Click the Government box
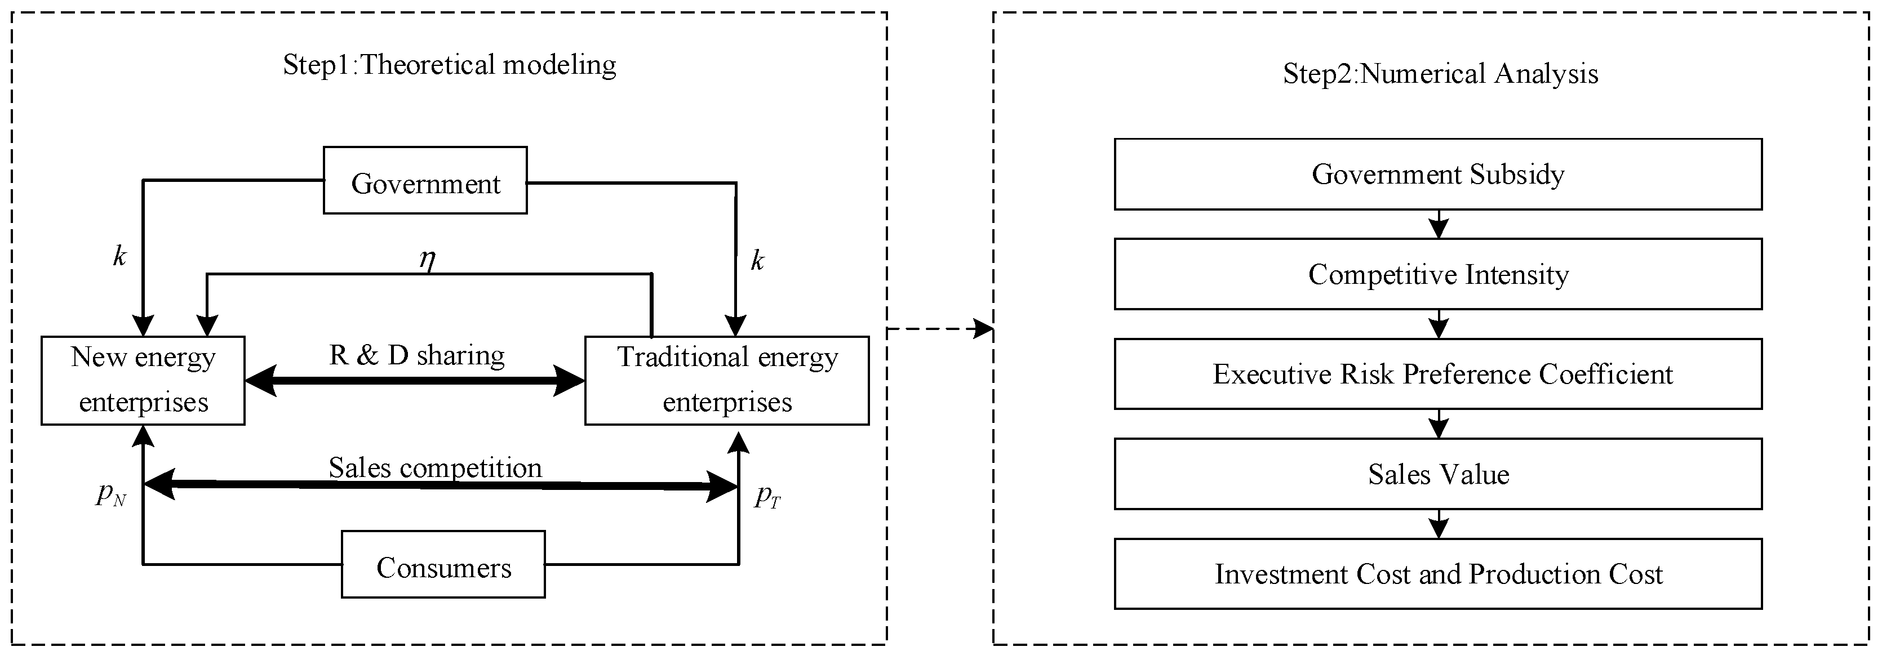(x=425, y=180)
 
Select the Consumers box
(x=443, y=564)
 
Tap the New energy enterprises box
(x=143, y=380)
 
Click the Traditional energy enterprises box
(x=727, y=380)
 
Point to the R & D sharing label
(x=416, y=355)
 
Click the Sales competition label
(x=436, y=468)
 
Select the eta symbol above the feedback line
(x=428, y=258)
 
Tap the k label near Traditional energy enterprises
(x=758, y=261)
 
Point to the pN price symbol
(x=111, y=495)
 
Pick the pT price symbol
(x=767, y=497)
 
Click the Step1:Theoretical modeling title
(x=449, y=65)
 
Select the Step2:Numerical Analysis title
(x=1440, y=74)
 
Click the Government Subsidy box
(x=1438, y=175)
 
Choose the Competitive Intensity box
(x=1438, y=274)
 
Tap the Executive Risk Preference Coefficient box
(x=1438, y=374)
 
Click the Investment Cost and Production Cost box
(x=1438, y=574)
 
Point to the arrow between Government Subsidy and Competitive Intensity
(x=1439, y=225)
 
